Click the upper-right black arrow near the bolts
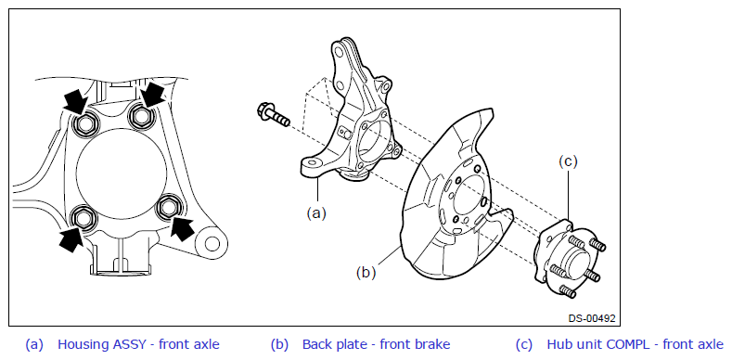[153, 96]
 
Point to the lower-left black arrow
[71, 239]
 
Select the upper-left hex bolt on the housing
[85, 124]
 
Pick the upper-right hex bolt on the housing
[141, 114]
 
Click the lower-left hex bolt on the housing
[83, 218]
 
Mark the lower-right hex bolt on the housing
[168, 207]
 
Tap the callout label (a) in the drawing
[316, 212]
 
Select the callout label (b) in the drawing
[366, 272]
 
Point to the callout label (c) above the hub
[568, 161]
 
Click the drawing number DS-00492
[592, 318]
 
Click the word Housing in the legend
[83, 345]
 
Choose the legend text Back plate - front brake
[377, 345]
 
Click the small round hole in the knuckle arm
[212, 243]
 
